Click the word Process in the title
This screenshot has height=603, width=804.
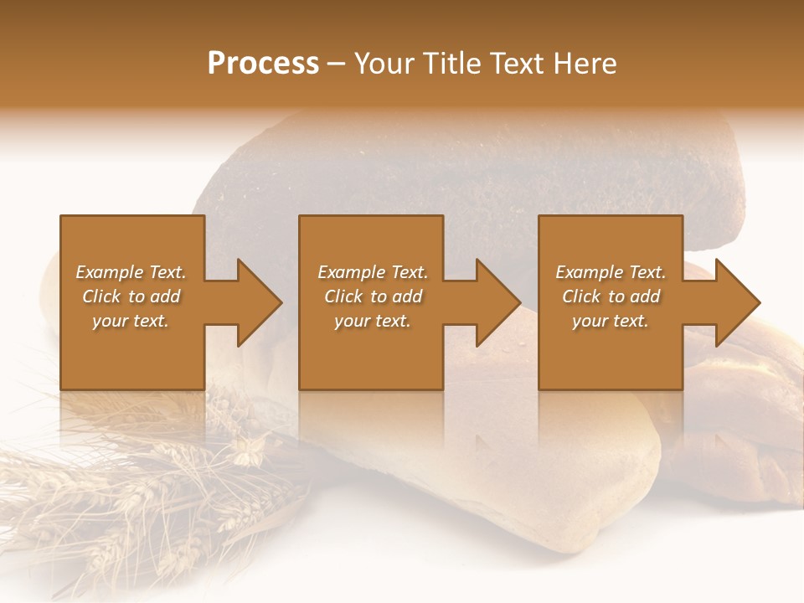(263, 64)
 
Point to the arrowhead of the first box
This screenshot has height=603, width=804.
(259, 302)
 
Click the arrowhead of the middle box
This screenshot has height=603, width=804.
(497, 302)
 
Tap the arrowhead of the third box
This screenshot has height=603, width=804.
(737, 302)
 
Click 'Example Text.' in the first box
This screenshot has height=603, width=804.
(131, 272)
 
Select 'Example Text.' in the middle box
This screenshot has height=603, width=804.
(372, 272)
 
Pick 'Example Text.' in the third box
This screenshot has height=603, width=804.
(610, 272)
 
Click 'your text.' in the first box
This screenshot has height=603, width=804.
(131, 321)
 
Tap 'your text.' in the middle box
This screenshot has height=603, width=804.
(372, 321)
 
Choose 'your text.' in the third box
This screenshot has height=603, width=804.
(610, 321)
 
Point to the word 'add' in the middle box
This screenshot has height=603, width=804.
(407, 296)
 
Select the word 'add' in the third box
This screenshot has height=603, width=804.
(645, 296)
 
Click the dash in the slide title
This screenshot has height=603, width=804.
(336, 64)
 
